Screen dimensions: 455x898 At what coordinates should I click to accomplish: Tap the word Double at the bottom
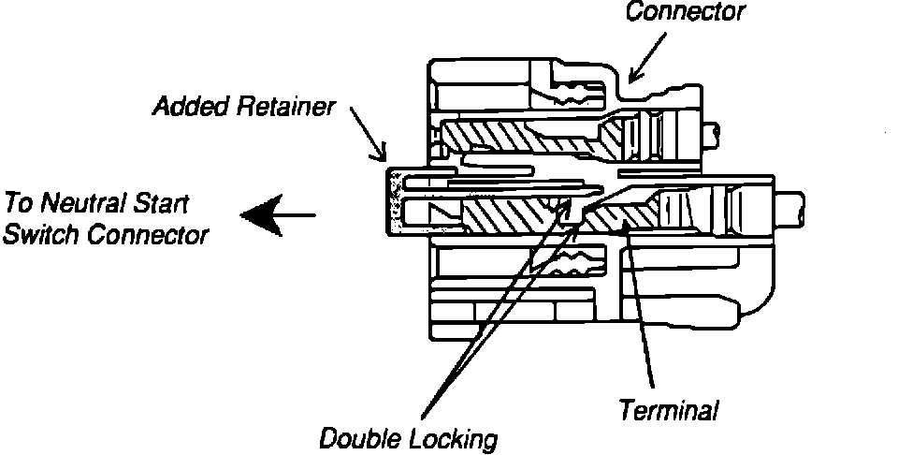(359, 438)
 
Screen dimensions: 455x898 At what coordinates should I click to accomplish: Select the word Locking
(453, 438)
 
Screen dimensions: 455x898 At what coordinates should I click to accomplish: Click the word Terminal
(669, 409)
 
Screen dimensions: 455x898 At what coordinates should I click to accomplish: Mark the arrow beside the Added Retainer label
(369, 132)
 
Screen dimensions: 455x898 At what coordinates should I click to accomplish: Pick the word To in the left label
(20, 201)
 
